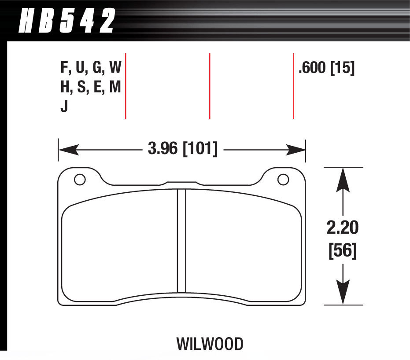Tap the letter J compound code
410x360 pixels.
64,107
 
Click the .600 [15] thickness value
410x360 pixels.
326,68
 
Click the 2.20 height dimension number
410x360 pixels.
343,228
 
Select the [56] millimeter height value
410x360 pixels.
343,251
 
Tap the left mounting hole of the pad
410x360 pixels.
80,180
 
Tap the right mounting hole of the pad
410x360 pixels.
283,180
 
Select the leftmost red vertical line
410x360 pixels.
126,86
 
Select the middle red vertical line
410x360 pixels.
210,86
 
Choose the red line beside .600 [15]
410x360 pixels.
293,86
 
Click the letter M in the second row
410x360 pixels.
115,88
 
